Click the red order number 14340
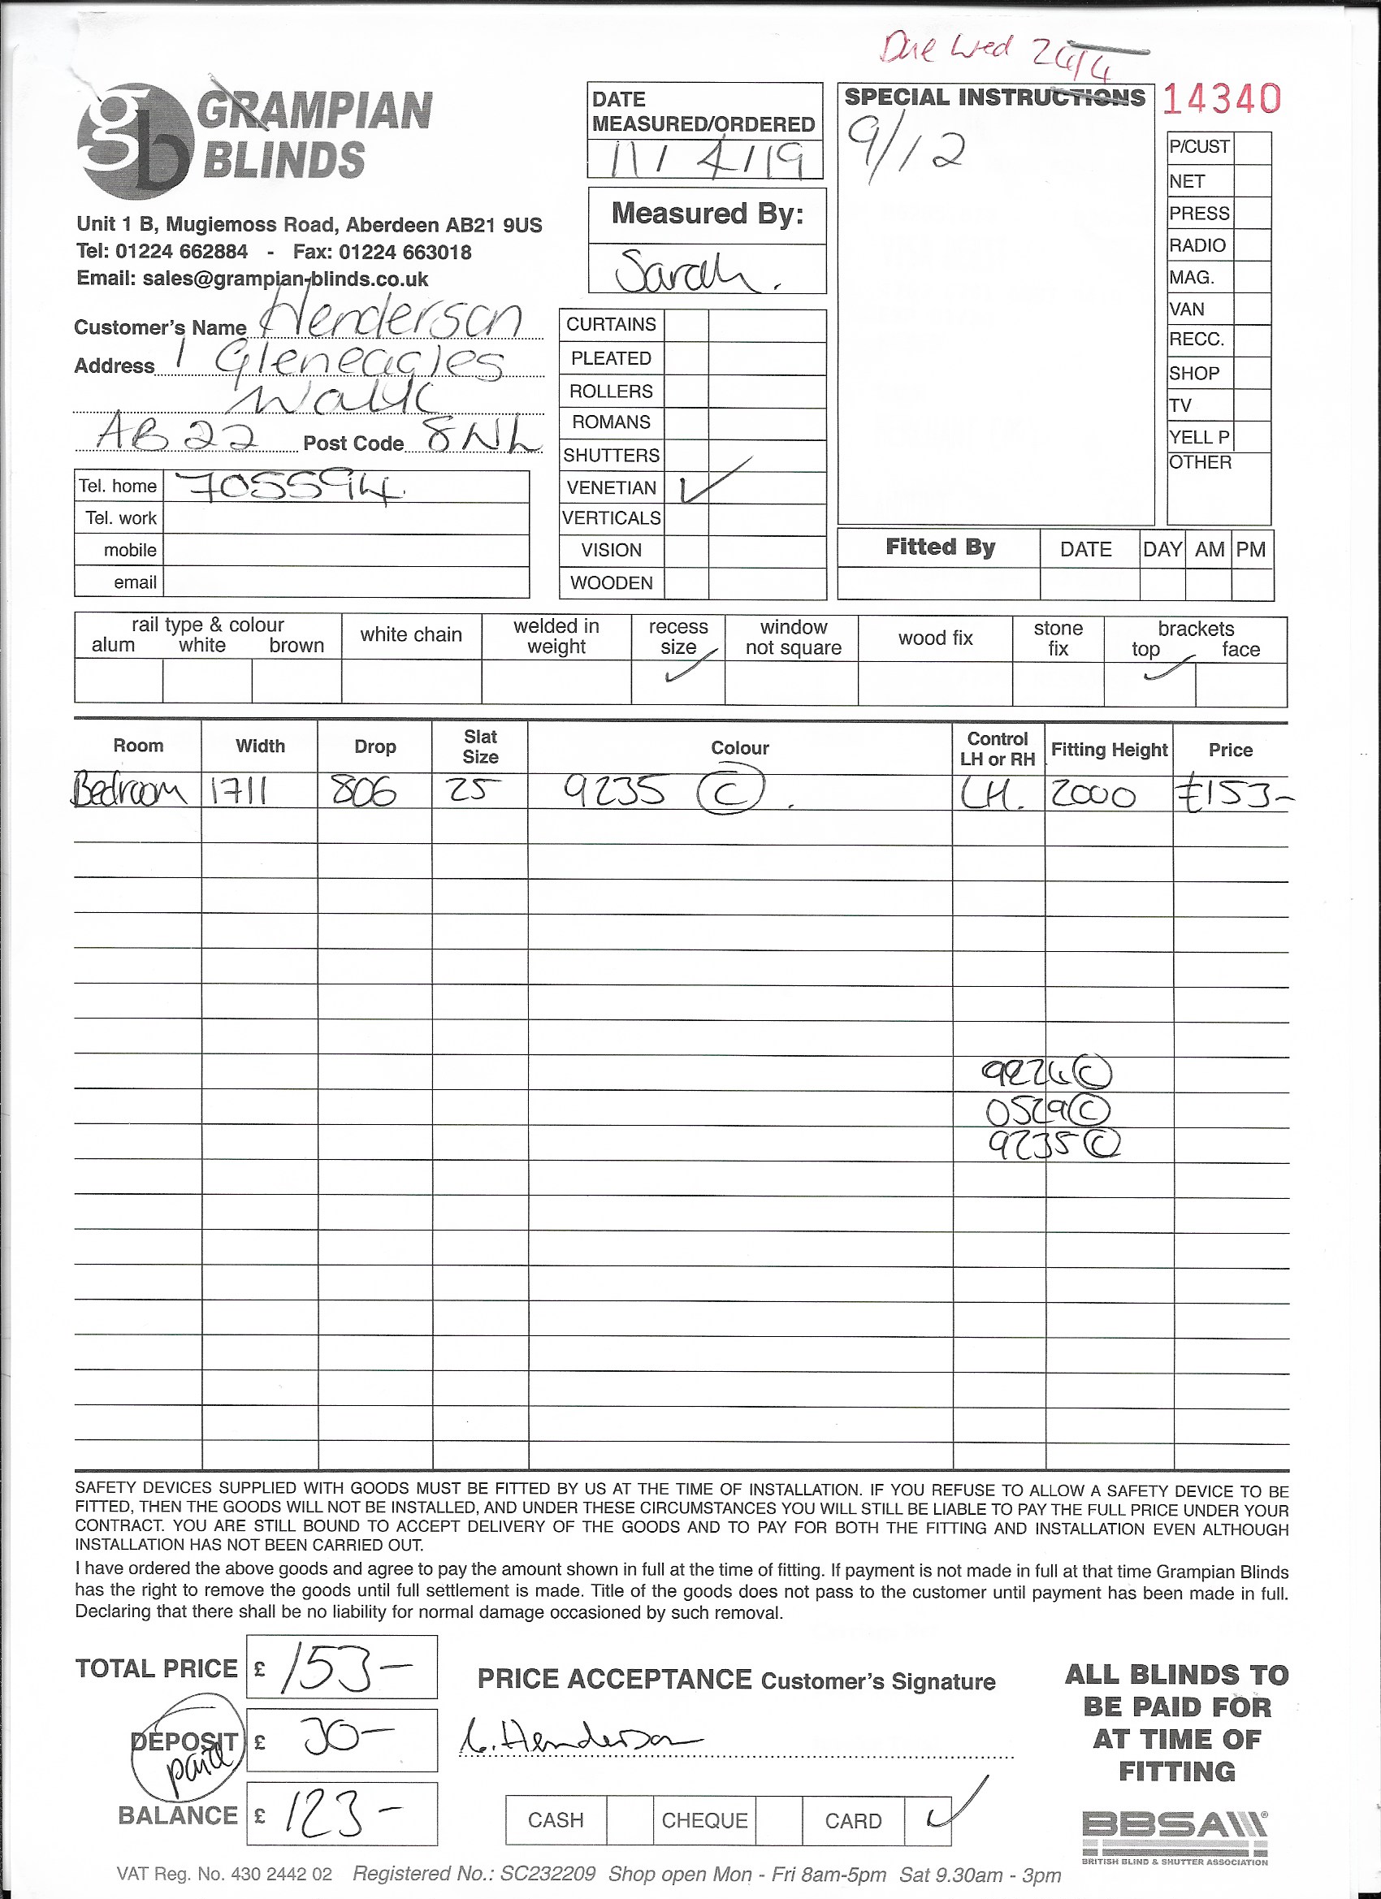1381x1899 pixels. (x=1221, y=100)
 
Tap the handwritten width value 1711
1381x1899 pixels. (x=239, y=791)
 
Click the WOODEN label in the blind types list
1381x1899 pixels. (x=612, y=582)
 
